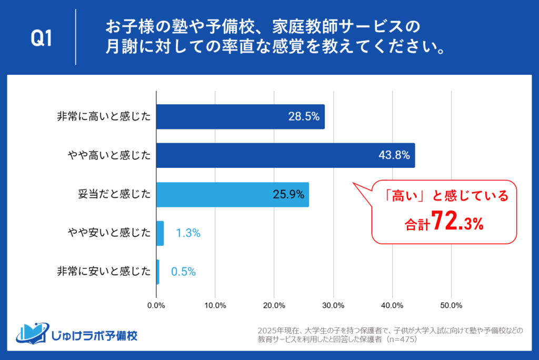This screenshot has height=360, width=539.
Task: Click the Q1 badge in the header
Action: (x=42, y=38)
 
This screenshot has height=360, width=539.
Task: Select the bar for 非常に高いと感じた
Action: (x=241, y=117)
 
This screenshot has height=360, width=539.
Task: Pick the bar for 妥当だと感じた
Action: (x=233, y=194)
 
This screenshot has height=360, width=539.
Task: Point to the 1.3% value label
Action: (x=188, y=233)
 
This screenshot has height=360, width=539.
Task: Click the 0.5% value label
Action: (x=183, y=272)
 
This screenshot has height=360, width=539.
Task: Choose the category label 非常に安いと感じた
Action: (x=104, y=272)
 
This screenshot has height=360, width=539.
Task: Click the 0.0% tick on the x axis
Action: (x=156, y=305)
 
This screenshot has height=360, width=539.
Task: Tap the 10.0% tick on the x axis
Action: (x=215, y=305)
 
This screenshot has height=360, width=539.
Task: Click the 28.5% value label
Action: (x=304, y=117)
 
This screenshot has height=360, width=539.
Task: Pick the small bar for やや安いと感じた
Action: (x=160, y=233)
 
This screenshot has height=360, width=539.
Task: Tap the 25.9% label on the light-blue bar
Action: (x=288, y=194)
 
